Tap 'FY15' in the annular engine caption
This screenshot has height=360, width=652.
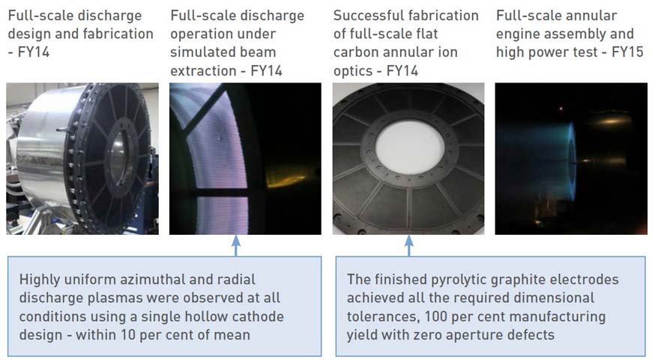pos(627,52)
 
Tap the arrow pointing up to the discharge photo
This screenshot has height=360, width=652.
pos(236,246)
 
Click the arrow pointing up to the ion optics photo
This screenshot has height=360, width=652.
pos(408,246)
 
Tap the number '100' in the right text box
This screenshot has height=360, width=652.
pos(435,316)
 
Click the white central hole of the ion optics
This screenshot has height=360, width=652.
pos(410,147)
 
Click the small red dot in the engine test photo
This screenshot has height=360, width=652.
pos(561,109)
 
